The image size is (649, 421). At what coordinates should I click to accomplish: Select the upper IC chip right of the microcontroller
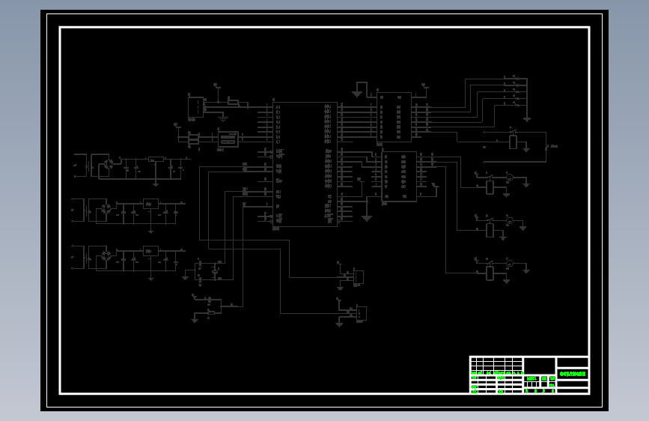tap(394, 117)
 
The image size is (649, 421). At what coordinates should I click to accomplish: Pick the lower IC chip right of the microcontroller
tap(399, 176)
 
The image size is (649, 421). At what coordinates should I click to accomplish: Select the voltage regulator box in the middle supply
tap(150, 204)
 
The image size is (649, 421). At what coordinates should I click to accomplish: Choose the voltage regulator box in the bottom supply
tap(150, 252)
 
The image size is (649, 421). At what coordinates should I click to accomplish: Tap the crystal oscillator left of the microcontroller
tap(226, 139)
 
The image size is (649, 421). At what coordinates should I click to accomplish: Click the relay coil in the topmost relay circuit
tap(514, 142)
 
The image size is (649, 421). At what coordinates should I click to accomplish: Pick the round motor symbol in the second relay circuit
tap(508, 178)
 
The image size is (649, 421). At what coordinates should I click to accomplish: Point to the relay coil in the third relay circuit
tap(490, 229)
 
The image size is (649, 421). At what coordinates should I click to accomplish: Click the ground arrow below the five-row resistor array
tap(527, 118)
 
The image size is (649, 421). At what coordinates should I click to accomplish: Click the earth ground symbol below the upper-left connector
tap(222, 117)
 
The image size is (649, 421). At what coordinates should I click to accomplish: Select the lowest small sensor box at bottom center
tap(360, 313)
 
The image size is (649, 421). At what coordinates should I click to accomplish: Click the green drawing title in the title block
tap(573, 372)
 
